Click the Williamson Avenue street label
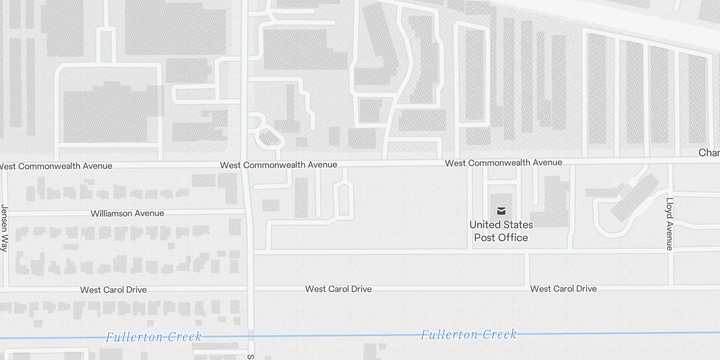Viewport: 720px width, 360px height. click(127, 213)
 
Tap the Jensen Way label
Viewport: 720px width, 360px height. click(4, 228)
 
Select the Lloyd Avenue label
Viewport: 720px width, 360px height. click(670, 224)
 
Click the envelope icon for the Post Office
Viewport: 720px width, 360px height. click(501, 211)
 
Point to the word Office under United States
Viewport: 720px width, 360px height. click(513, 238)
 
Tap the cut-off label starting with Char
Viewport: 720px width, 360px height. click(709, 153)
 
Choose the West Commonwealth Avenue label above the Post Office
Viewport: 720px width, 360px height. click(504, 162)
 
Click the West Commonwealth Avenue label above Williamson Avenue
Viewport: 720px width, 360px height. click(56, 166)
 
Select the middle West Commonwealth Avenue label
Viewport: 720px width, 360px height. click(279, 165)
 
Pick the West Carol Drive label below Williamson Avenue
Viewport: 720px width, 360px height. click(113, 290)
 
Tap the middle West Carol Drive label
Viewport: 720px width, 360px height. click(338, 289)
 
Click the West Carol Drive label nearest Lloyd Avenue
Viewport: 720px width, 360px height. click(563, 288)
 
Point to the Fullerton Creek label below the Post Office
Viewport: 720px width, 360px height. click(468, 334)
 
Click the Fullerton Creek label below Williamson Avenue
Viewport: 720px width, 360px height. click(153, 337)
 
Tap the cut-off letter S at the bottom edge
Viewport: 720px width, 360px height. click(250, 357)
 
